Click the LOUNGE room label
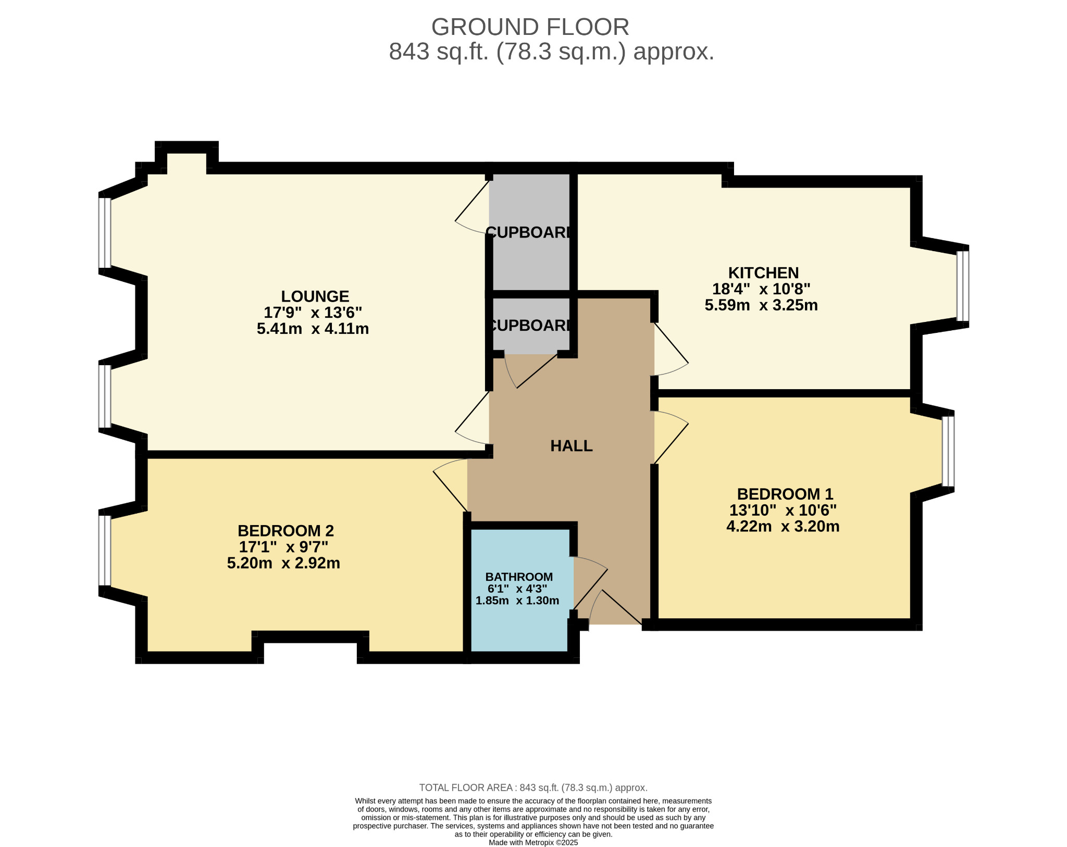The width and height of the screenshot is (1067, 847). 315,296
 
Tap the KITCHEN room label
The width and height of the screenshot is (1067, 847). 763,273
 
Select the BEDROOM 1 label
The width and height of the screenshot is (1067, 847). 785,494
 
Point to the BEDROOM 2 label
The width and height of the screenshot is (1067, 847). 286,531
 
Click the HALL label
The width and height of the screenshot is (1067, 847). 572,446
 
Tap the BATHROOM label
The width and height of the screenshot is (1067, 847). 519,577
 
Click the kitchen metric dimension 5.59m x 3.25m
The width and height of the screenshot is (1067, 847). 761,305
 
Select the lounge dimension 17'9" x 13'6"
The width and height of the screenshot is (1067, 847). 313,313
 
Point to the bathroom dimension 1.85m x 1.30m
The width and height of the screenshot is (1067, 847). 517,600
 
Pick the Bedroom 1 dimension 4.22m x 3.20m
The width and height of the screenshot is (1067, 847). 783,526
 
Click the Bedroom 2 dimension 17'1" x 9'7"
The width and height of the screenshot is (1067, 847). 283,547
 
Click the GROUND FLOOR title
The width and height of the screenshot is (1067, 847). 530,27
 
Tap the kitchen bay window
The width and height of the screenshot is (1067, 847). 963,286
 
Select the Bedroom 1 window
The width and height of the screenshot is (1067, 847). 948,451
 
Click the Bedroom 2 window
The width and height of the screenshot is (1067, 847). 105,551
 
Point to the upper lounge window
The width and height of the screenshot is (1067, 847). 105,233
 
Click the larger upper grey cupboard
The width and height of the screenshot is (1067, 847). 531,232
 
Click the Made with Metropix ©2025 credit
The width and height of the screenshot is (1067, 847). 533,842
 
